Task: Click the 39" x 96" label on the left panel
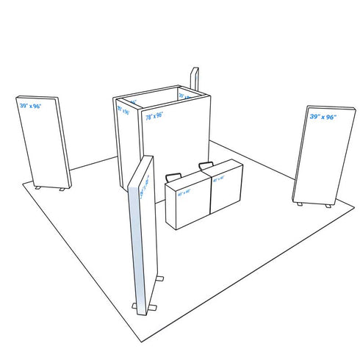[31, 106]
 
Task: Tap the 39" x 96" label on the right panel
[323, 117]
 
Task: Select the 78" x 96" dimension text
[154, 115]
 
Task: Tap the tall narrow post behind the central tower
[195, 79]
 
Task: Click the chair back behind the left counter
[174, 178]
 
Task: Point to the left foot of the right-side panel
[298, 204]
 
